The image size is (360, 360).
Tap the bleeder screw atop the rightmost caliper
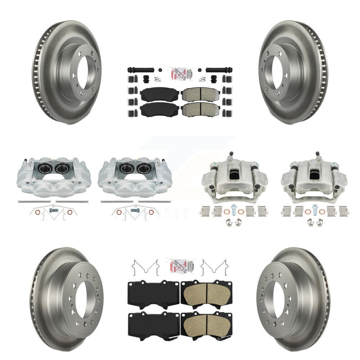[x=318, y=155]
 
